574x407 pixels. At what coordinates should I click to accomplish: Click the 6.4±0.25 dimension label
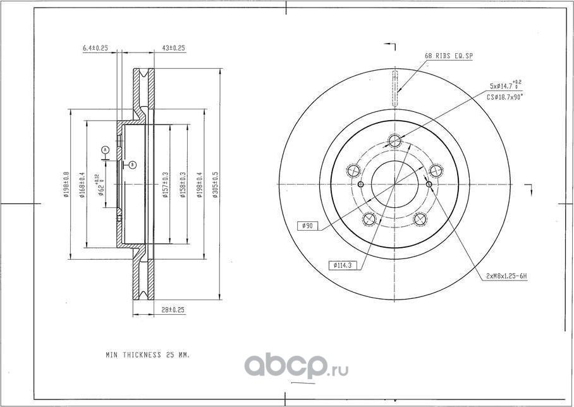tap(96, 48)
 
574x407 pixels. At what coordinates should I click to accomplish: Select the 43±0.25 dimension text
tap(173, 48)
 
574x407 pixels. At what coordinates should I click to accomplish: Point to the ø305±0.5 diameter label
tap(215, 185)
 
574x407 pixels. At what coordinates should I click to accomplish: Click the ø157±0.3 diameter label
tap(165, 185)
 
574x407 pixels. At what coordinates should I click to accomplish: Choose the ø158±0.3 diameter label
tap(183, 185)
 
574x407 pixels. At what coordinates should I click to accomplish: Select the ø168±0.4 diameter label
tap(82, 185)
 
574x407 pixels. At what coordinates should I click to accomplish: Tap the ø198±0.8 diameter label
tap(66, 185)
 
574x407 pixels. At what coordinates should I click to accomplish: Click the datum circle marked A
tap(106, 150)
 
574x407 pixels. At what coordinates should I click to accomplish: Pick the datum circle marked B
tap(132, 165)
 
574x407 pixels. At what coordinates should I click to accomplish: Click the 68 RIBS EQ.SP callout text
tap(448, 56)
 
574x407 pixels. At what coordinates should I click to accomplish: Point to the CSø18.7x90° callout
tap(504, 97)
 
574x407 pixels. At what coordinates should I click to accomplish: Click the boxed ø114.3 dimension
tap(343, 265)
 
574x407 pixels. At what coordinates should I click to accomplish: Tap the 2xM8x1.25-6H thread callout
tap(506, 276)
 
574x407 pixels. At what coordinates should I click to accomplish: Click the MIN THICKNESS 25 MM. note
tap(147, 355)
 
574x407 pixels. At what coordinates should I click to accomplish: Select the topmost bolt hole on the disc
tap(395, 140)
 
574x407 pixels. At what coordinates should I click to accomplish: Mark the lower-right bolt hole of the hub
tap(419, 219)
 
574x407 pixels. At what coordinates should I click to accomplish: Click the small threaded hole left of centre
tap(360, 184)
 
